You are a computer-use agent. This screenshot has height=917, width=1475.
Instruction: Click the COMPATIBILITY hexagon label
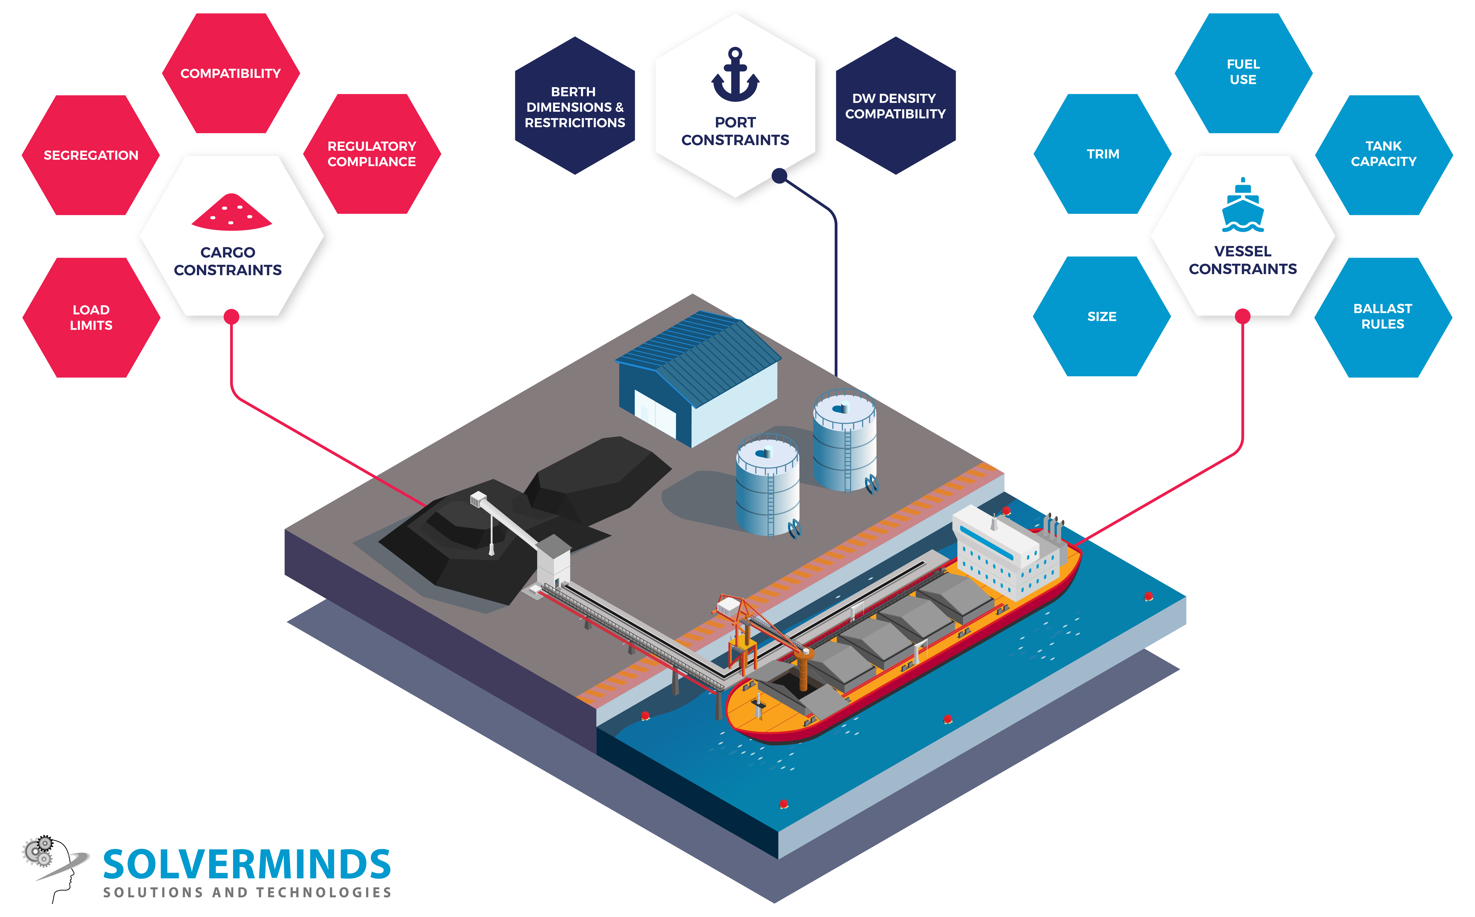tap(231, 73)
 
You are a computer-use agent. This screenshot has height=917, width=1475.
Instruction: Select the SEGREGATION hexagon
tap(91, 155)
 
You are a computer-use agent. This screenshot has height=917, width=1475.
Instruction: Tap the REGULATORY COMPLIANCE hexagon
tap(372, 154)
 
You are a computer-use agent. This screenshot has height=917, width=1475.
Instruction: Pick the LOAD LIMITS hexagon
tap(91, 317)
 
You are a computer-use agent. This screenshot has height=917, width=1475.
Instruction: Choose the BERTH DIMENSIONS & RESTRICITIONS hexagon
tap(574, 107)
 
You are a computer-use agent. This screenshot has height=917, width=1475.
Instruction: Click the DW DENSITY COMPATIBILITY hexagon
tap(895, 106)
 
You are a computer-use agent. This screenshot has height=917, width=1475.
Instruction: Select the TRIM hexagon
tap(1103, 154)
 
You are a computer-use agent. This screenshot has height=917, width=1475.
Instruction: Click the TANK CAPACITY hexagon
tap(1383, 154)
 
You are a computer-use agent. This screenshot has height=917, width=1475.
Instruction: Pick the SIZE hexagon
tap(1101, 317)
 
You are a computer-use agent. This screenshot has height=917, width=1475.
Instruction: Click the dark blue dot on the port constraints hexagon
tap(779, 176)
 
